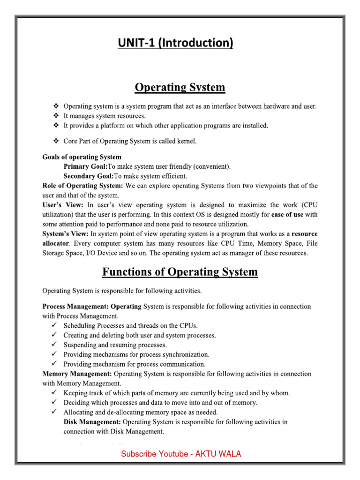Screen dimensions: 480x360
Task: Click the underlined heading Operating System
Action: pos(180,87)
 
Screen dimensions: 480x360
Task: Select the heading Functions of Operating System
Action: pos(180,272)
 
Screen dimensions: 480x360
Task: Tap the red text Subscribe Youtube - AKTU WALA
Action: pos(181,454)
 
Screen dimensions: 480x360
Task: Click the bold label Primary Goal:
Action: pos(85,166)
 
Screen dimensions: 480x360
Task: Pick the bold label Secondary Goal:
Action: pos(89,176)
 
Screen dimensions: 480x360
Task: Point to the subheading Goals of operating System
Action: pos(82,157)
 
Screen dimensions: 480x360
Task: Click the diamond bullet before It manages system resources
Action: pos(55,116)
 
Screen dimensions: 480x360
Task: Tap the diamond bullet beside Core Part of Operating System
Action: pos(55,141)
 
